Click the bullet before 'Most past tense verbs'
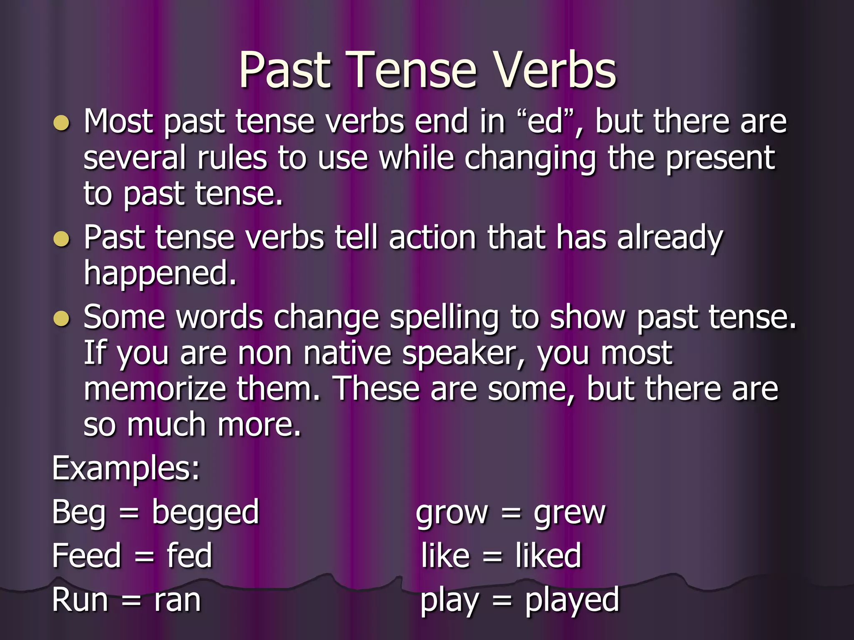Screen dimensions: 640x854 (x=62, y=123)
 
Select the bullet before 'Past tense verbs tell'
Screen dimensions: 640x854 (x=62, y=239)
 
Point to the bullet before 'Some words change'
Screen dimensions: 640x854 (x=62, y=319)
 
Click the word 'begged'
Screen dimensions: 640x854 (x=205, y=512)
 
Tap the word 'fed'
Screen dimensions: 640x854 (x=189, y=556)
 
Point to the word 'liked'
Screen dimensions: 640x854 (x=548, y=556)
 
